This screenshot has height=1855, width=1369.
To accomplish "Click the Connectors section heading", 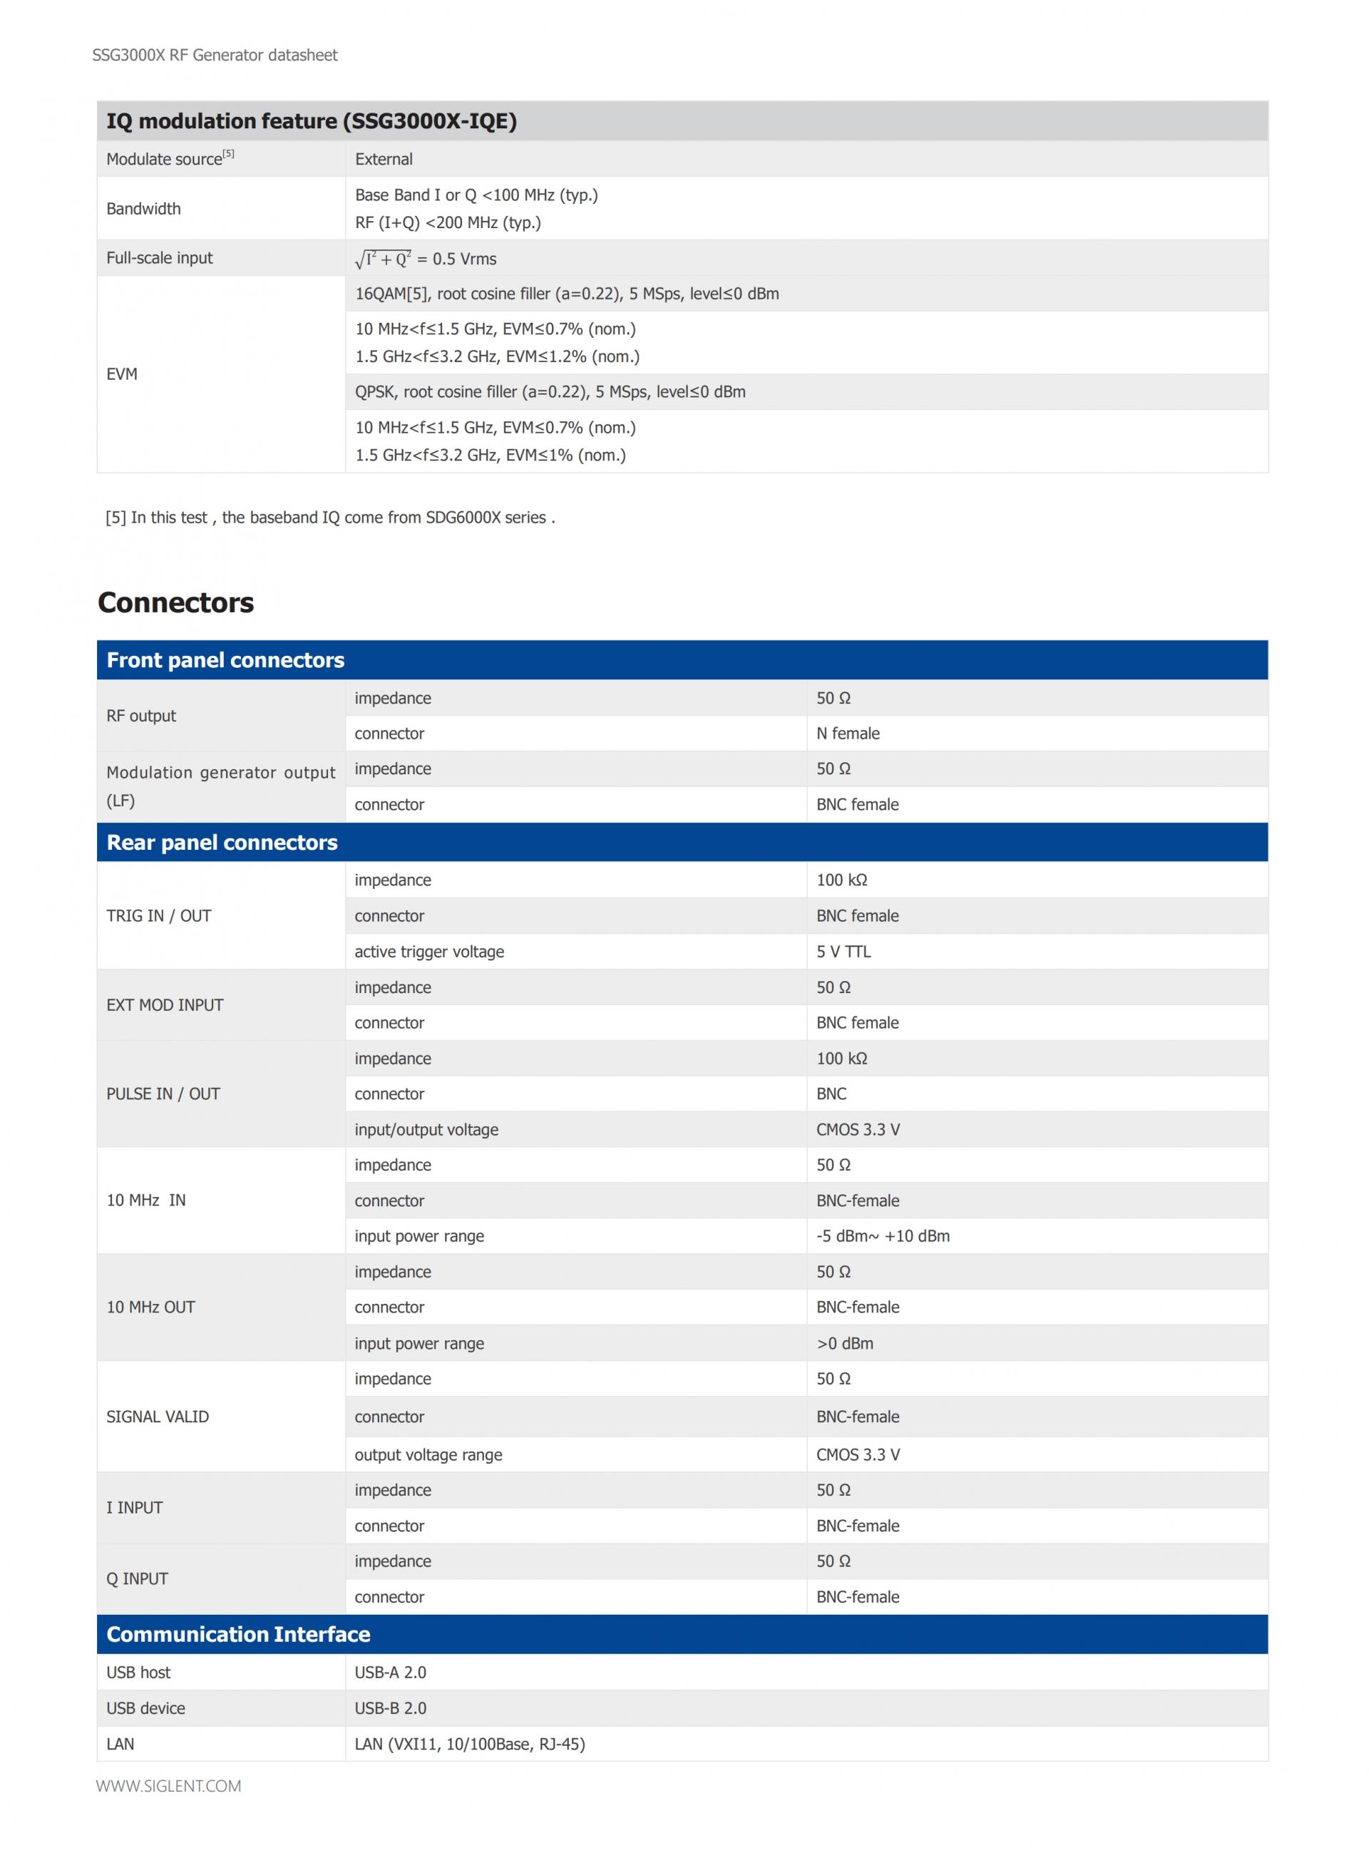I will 175,602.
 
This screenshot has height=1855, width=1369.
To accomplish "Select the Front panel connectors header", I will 225,660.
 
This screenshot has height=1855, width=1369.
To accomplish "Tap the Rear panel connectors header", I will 222,843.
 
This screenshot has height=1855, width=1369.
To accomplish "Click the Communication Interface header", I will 239,1634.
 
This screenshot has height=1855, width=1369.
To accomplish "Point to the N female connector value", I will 848,733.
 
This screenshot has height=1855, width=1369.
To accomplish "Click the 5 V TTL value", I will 844,951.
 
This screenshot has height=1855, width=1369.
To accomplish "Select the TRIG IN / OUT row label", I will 159,915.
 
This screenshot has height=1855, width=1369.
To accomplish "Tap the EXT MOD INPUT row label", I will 165,1005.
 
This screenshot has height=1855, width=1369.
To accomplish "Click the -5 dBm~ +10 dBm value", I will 883,1235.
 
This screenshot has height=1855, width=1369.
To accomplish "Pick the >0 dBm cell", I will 844,1343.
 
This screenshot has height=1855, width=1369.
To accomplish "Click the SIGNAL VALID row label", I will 158,1416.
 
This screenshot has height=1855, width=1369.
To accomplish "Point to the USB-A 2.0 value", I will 390,1672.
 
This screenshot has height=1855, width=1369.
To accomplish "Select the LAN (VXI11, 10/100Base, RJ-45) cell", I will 470,1743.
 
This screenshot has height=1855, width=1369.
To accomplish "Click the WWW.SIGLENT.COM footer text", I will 169,1787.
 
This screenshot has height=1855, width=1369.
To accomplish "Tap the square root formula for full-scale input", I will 425,259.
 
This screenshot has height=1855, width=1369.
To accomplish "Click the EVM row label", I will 122,374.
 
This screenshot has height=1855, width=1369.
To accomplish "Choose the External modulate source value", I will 384,159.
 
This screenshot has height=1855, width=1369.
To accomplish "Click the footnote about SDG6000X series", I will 330,518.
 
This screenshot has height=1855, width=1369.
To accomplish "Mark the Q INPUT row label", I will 137,1578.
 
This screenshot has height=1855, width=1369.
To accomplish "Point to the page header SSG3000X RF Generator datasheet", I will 215,56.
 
